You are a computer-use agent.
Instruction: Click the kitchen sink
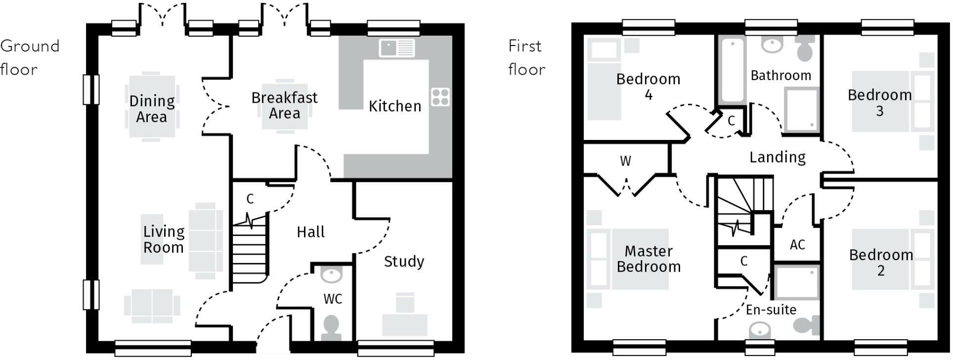[x=397, y=48]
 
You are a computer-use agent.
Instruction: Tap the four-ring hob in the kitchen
[x=440, y=97]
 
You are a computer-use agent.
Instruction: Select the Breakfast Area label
[x=284, y=105]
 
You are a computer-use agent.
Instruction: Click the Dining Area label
[x=152, y=109]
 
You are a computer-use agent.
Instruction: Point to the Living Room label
[x=164, y=239]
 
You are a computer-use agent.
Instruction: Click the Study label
[x=404, y=261]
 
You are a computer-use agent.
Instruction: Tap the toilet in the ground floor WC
[x=331, y=328]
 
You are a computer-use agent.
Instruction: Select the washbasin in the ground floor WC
[x=331, y=273]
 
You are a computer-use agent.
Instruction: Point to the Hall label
[x=310, y=232]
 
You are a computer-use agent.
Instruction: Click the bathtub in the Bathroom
[x=732, y=70]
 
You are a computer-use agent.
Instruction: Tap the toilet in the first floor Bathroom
[x=805, y=48]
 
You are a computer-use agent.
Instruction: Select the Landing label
[x=777, y=157]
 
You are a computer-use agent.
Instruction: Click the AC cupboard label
[x=797, y=245]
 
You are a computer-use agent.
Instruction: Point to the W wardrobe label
[x=625, y=161]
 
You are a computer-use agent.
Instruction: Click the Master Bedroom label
[x=649, y=259]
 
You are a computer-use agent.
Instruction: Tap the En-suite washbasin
[x=760, y=329]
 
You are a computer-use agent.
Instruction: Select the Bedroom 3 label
[x=879, y=103]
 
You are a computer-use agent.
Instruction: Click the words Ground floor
[x=30, y=57]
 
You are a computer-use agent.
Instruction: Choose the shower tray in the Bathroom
[x=801, y=110]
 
